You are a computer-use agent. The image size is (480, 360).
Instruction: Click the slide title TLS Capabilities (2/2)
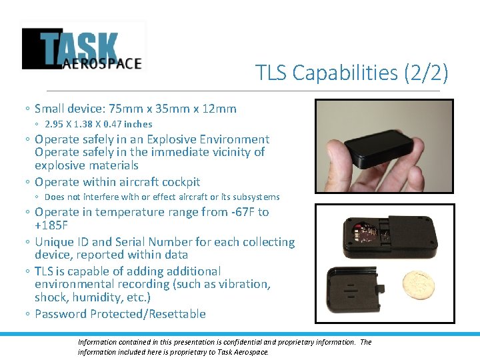point(352,72)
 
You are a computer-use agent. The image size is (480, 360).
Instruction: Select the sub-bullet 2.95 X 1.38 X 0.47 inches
point(98,124)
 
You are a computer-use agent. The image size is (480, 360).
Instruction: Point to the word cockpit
point(177,182)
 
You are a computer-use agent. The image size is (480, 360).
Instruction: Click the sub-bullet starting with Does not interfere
point(161,197)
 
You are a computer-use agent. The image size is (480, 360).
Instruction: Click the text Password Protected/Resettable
point(120,314)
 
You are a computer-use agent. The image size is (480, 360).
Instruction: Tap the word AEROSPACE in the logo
point(103,63)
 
